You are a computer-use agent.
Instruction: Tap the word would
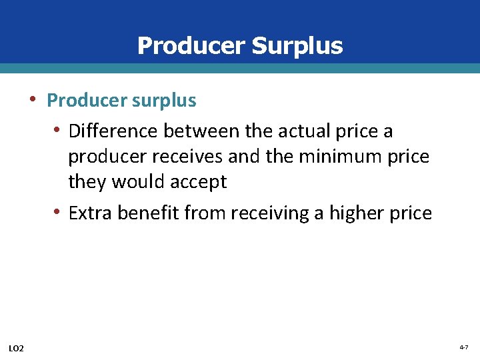137,182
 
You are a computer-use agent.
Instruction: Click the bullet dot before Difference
59,130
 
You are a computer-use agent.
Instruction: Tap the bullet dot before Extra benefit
59,212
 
